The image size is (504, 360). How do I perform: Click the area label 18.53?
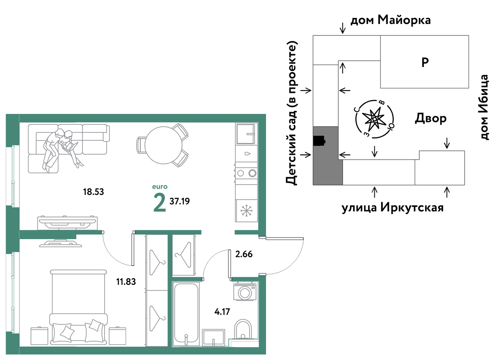pos(93,192)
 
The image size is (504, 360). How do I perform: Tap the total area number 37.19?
pos(180,201)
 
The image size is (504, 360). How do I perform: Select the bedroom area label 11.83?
pos(126,282)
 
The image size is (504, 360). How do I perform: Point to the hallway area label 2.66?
pos(244,254)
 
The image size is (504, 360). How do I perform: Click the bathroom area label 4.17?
pos(222,312)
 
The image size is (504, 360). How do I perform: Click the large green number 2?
pos(160,203)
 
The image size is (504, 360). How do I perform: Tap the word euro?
pos(160,187)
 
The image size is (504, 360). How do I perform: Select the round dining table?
pos(163,145)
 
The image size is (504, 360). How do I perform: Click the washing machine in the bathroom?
pos(245,292)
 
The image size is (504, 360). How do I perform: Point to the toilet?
pos(243,330)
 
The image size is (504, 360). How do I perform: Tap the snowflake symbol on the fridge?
pos(246,211)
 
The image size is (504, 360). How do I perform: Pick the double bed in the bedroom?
pos(78,307)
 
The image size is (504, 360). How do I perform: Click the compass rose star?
pos(374,119)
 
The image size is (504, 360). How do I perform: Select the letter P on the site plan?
pos(425,62)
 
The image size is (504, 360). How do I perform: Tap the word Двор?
pos(431,118)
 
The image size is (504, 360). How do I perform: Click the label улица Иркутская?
pos(393,208)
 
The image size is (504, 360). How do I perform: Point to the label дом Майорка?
pos(391,20)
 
